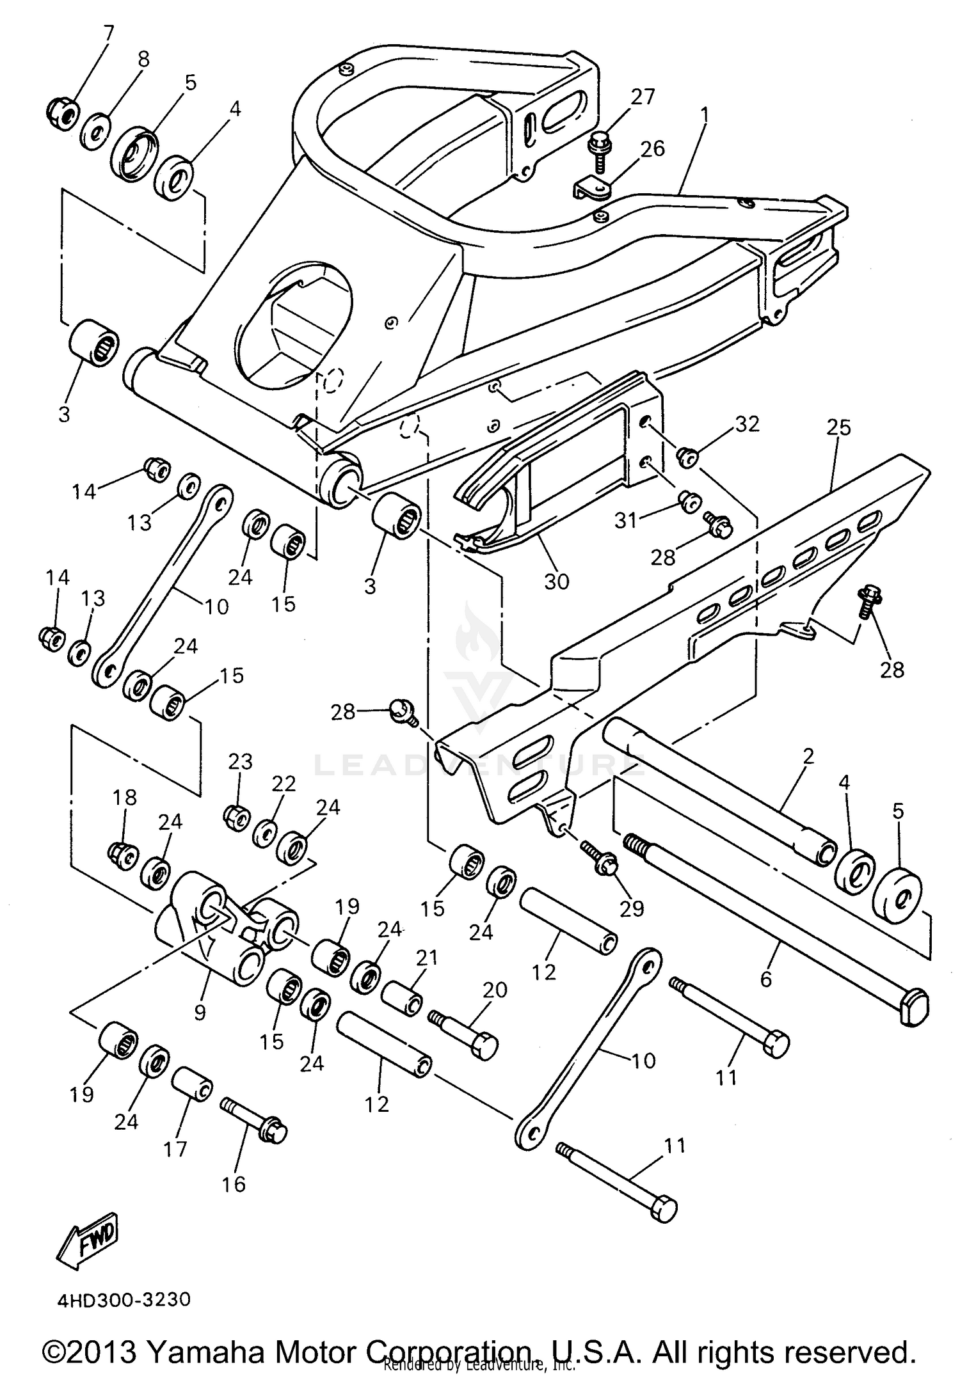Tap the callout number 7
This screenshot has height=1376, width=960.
pyautogui.click(x=107, y=32)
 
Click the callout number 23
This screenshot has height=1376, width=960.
pyautogui.click(x=241, y=762)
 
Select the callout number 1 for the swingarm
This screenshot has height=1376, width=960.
pyautogui.click(x=704, y=115)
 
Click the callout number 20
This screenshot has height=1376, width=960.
pyautogui.click(x=495, y=990)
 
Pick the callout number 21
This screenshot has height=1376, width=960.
pyautogui.click(x=427, y=958)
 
